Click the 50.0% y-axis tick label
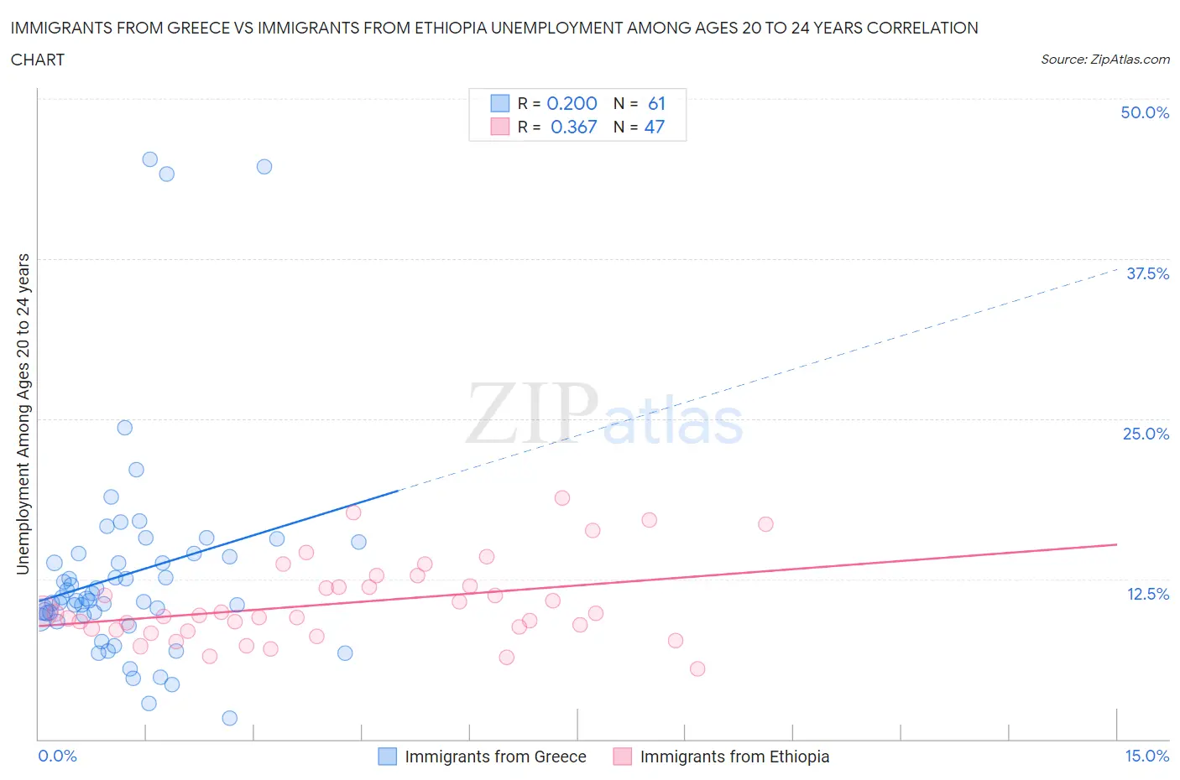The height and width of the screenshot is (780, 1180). pos(1145,112)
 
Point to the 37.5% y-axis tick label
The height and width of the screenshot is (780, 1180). pos(1147,273)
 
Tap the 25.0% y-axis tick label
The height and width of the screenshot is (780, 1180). pos(1146,434)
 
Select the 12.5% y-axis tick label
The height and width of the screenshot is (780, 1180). pos(1147,594)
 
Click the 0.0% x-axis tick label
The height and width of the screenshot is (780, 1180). pos(57,756)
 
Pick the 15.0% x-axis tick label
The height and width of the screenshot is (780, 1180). pos(1146,756)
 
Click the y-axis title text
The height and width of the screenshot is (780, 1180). pos(23,414)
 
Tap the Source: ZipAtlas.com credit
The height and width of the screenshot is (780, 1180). pos(1104,59)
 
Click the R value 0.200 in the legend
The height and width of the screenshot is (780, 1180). pos(572,103)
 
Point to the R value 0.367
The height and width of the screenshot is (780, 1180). pos(573,127)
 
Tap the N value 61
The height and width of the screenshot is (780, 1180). pos(656,103)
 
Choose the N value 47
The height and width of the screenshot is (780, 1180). pos(655,127)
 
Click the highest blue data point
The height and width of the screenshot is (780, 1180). pos(149,159)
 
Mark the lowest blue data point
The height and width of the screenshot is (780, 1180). pos(229,718)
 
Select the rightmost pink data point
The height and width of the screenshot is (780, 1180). pos(765,524)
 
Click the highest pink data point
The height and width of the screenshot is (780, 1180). pos(562,498)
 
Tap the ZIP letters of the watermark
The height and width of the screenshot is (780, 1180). pos(532,413)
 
